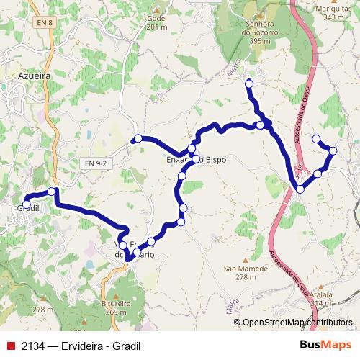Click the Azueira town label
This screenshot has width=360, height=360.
[x=34, y=74]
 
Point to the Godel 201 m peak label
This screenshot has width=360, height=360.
[x=156, y=22]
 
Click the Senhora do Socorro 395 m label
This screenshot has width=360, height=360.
[x=260, y=32]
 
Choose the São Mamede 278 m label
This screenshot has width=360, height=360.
[x=240, y=272]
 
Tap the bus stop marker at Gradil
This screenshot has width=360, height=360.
[x=27, y=204]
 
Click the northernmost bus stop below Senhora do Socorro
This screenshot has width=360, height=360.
[x=249, y=84]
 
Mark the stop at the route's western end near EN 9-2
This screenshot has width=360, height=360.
[x=138, y=138]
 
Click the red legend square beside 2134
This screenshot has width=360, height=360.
[x=9, y=346]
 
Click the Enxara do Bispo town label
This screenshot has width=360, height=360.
[x=197, y=159]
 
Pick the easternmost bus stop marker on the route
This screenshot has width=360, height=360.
[x=333, y=150]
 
